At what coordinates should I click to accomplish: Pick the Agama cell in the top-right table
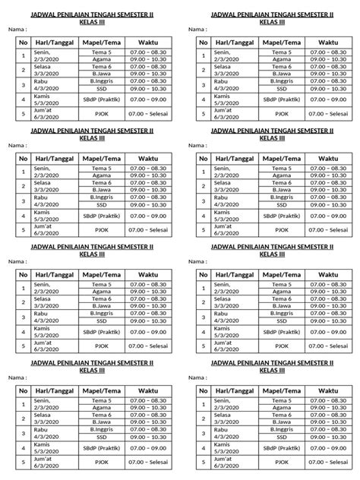282,59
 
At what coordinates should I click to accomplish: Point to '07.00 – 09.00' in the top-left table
148,99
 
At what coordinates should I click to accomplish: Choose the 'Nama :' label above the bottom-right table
195,377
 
